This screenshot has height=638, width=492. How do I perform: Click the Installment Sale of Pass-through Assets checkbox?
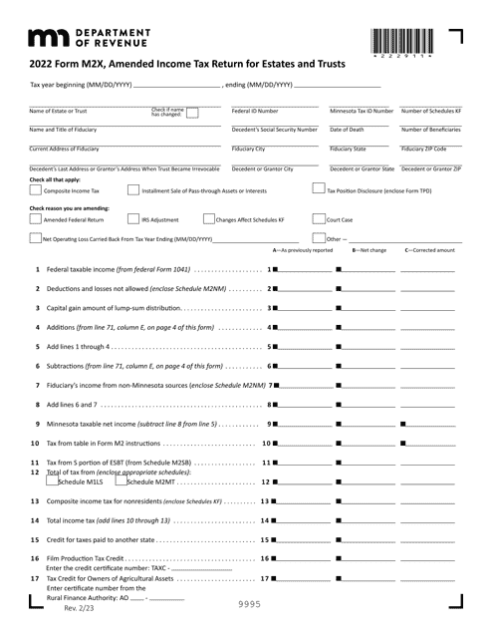[x=133, y=189]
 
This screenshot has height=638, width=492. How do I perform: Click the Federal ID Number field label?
[x=255, y=111]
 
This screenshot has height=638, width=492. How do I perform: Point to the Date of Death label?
[x=348, y=130]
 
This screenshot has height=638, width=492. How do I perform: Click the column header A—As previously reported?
[x=303, y=250]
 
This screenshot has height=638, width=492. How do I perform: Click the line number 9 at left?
[x=37, y=396]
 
